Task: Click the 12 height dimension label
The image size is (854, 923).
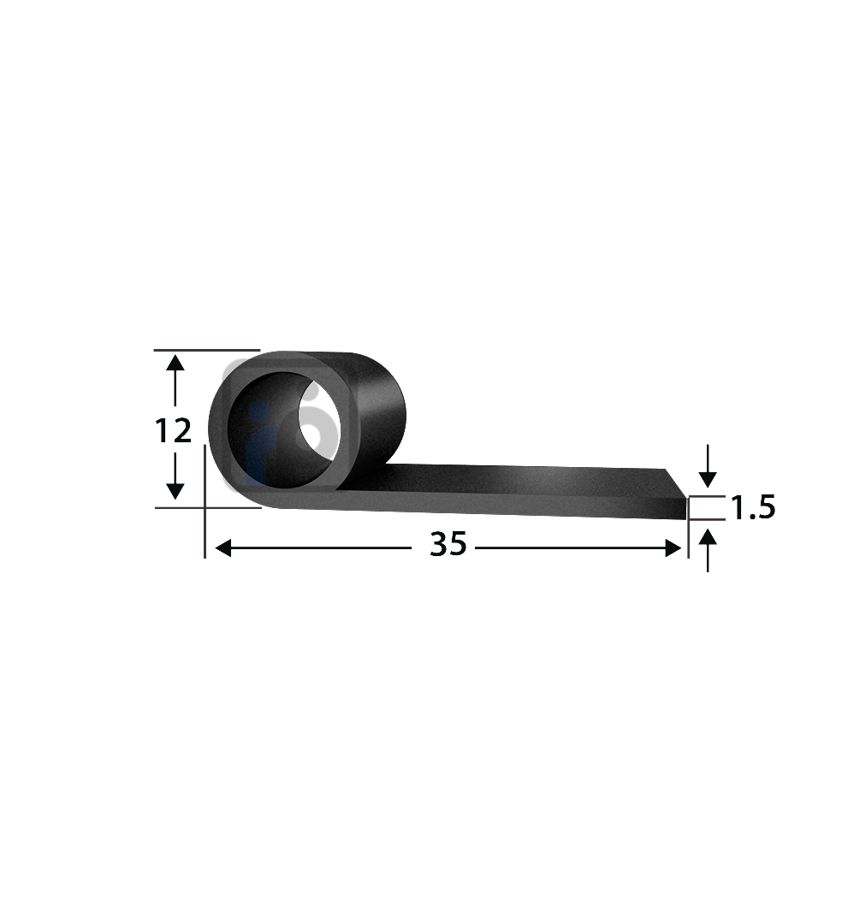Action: pyautogui.click(x=174, y=432)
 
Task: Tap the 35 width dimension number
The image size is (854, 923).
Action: pyautogui.click(x=448, y=544)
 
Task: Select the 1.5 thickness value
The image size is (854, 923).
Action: pyautogui.click(x=752, y=508)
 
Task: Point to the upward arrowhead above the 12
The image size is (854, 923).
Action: pyautogui.click(x=175, y=364)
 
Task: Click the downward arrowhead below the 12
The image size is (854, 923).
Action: pyautogui.click(x=175, y=490)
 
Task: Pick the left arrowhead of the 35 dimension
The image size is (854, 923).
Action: pyautogui.click(x=222, y=548)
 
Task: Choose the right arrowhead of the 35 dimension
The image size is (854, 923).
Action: pyautogui.click(x=673, y=548)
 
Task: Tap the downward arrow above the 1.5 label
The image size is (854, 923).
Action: pyautogui.click(x=708, y=477)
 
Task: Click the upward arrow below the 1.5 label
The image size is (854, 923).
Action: pyautogui.click(x=708, y=539)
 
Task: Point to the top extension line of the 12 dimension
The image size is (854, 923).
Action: pyautogui.click(x=205, y=350)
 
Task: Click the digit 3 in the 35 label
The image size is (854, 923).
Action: pyautogui.click(x=438, y=544)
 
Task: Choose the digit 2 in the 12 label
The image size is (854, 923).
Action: pyautogui.click(x=181, y=432)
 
